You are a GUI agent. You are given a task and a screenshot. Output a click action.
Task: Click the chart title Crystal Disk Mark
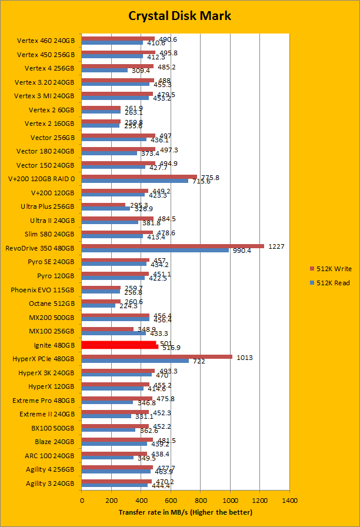[x=180, y=16]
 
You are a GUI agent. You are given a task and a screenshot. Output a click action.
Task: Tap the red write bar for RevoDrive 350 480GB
[x=173, y=246]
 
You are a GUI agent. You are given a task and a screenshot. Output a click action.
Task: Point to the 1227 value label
[x=276, y=246]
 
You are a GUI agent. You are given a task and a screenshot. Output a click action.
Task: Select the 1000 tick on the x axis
[x=230, y=501]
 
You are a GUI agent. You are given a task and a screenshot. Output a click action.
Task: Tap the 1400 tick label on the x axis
[x=289, y=501]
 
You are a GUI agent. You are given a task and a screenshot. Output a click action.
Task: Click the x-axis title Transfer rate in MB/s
[x=185, y=512]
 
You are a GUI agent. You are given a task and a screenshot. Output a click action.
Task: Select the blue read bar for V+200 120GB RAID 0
[x=135, y=181]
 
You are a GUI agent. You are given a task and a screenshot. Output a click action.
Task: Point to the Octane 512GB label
[x=52, y=303]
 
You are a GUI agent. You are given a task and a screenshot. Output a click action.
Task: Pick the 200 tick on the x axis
[x=111, y=501]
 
